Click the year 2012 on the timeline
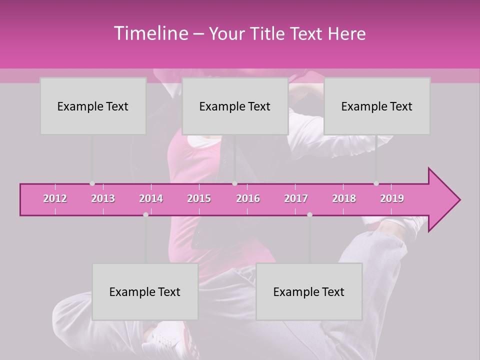(55, 198)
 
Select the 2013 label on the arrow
(103, 198)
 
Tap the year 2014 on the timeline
(151, 198)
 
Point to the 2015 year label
(199, 198)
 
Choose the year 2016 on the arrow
(248, 198)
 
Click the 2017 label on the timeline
(296, 198)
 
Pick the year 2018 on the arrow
(344, 198)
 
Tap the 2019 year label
(392, 198)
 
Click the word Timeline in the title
(150, 33)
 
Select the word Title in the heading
(268, 34)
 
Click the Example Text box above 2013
(93, 106)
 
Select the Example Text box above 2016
(235, 106)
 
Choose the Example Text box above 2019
(377, 106)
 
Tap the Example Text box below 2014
(145, 291)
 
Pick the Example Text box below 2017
(309, 291)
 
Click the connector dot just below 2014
(145, 214)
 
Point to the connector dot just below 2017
(309, 214)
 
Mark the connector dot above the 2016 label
(234, 183)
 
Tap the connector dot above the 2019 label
(376, 183)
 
